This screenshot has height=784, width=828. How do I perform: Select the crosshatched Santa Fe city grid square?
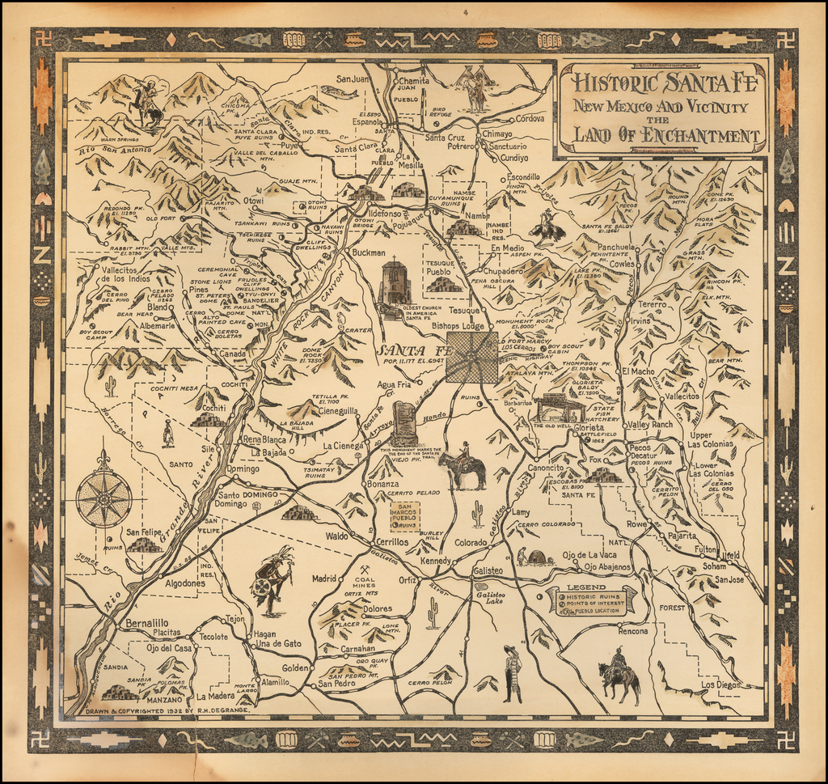pyautogui.click(x=472, y=357)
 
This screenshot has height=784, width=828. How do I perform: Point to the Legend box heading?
pyautogui.click(x=586, y=587)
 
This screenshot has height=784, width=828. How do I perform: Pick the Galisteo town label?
pyautogui.click(x=487, y=571)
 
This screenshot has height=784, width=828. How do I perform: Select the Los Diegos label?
pyautogui.click(x=720, y=684)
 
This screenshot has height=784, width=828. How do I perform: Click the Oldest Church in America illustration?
pyautogui.click(x=395, y=283)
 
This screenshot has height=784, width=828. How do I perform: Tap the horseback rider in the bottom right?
pyautogui.click(x=619, y=674)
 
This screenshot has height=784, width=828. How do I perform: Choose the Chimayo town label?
pyautogui.click(x=497, y=133)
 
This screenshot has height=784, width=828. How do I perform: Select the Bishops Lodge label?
pyautogui.click(x=458, y=325)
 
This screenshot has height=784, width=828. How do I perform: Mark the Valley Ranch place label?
pyautogui.click(x=650, y=425)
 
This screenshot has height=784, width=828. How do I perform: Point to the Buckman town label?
pyautogui.click(x=369, y=252)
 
